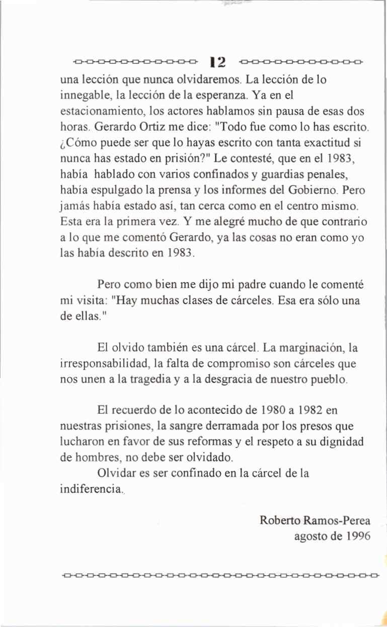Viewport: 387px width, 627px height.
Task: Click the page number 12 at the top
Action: click(x=219, y=62)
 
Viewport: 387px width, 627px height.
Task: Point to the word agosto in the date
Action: click(x=311, y=536)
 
